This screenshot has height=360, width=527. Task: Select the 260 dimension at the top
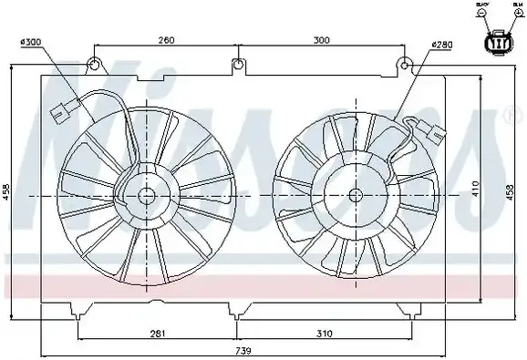165,40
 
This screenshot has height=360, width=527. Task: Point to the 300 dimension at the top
321,40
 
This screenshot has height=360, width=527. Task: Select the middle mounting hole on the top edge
238,64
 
